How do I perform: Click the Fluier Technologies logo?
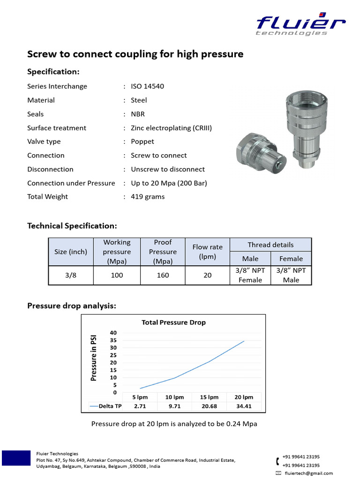coord(300,25)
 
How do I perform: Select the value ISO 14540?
coord(147,86)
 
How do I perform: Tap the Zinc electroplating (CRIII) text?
coord(171,128)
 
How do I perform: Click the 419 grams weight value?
coord(148,197)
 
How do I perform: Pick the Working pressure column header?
coord(117,252)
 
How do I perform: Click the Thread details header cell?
coord(270,245)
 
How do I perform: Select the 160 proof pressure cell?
coord(163,275)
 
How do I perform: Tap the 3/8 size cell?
coord(71,275)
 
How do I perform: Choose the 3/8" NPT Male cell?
coord(291,275)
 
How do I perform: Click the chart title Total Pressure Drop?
coord(173,322)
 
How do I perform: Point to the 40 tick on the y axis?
coord(113,333)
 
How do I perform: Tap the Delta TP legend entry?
coord(105,406)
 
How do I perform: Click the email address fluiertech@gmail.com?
coord(308,473)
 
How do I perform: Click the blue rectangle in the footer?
coord(17,458)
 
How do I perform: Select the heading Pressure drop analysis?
coord(71,306)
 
